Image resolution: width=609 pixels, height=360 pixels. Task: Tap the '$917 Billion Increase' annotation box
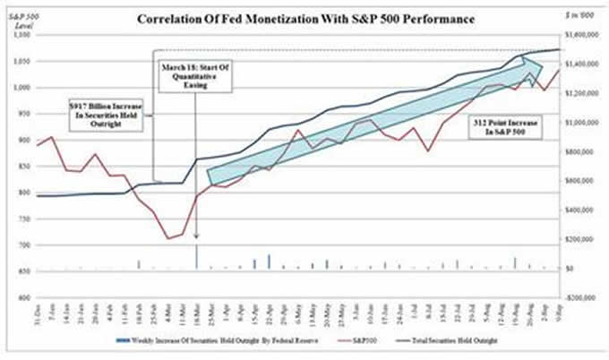pos(107,115)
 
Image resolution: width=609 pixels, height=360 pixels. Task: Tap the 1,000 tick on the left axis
pos(20,88)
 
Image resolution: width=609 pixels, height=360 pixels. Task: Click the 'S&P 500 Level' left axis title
pos(19,19)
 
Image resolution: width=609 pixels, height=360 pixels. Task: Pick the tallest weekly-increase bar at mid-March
pos(196,257)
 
